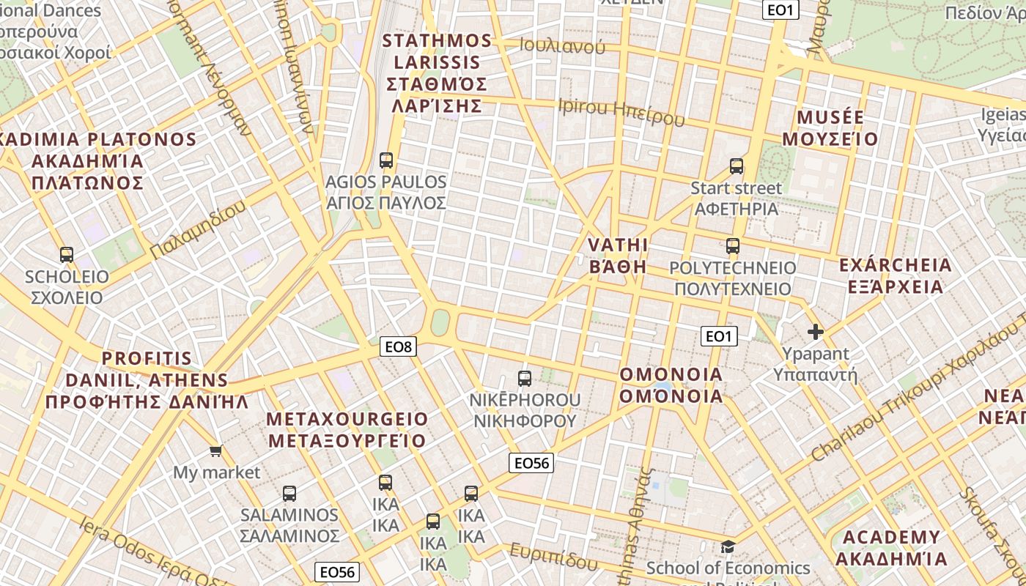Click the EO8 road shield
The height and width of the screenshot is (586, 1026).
coord(398,346)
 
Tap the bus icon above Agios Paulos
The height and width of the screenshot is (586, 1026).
coord(386,160)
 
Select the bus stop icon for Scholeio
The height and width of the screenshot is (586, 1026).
coord(67,255)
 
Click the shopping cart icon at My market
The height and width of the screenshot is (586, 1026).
coord(215,450)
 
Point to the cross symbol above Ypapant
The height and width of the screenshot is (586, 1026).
coord(815,332)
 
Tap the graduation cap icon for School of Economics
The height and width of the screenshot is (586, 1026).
coord(728,546)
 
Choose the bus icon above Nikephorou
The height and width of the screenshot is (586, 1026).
coord(525,378)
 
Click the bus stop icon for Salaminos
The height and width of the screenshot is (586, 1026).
coord(289,493)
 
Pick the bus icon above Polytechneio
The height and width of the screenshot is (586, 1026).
coord(733,246)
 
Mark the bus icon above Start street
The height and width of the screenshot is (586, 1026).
coord(737,166)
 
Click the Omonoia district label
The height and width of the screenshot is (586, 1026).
coord(671,385)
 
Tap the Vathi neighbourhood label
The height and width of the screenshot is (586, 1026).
coord(619,256)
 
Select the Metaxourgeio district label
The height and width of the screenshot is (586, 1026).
coord(347,430)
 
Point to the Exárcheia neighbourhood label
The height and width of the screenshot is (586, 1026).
coord(895,275)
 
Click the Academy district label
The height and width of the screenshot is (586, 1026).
coord(891,548)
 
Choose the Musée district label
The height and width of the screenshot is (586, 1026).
coord(830,128)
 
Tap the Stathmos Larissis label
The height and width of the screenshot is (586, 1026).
coord(437,73)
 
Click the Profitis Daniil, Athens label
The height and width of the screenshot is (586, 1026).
coord(147,380)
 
